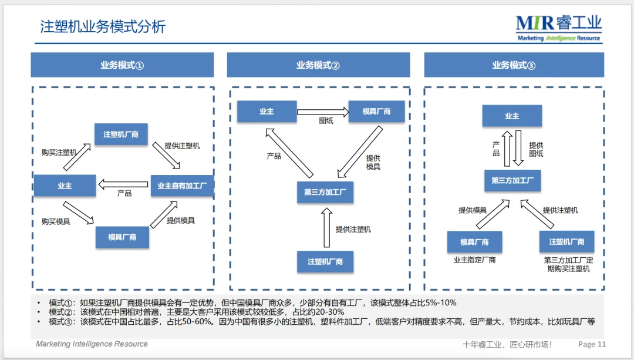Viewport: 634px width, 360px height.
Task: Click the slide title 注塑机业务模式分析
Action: [x=103, y=27]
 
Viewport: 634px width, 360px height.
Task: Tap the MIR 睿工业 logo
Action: [x=558, y=28]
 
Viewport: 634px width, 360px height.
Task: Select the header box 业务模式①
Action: [x=122, y=65]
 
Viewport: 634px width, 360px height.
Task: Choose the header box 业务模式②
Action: [x=318, y=65]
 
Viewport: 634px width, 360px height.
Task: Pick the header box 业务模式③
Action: [x=514, y=65]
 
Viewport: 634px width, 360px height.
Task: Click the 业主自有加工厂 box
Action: [x=182, y=186]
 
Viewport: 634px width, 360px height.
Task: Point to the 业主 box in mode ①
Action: [x=65, y=186]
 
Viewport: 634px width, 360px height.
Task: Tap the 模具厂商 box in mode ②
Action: [x=376, y=111]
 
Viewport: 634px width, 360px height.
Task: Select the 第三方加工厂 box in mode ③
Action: [x=512, y=180]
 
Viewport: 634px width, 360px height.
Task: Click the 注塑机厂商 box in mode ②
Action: [x=325, y=261]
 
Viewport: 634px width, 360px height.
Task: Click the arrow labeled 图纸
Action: [x=322, y=111]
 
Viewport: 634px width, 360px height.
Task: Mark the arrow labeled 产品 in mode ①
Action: [x=123, y=185]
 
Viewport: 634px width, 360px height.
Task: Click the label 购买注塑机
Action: [x=59, y=152]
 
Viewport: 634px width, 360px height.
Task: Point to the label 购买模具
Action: [x=56, y=221]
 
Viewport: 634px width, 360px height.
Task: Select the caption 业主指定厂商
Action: [x=474, y=260]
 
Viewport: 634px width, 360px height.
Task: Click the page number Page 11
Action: [x=592, y=344]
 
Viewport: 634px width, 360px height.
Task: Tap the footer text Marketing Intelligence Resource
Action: [x=92, y=344]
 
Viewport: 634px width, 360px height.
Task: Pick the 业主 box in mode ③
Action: [x=512, y=116]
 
